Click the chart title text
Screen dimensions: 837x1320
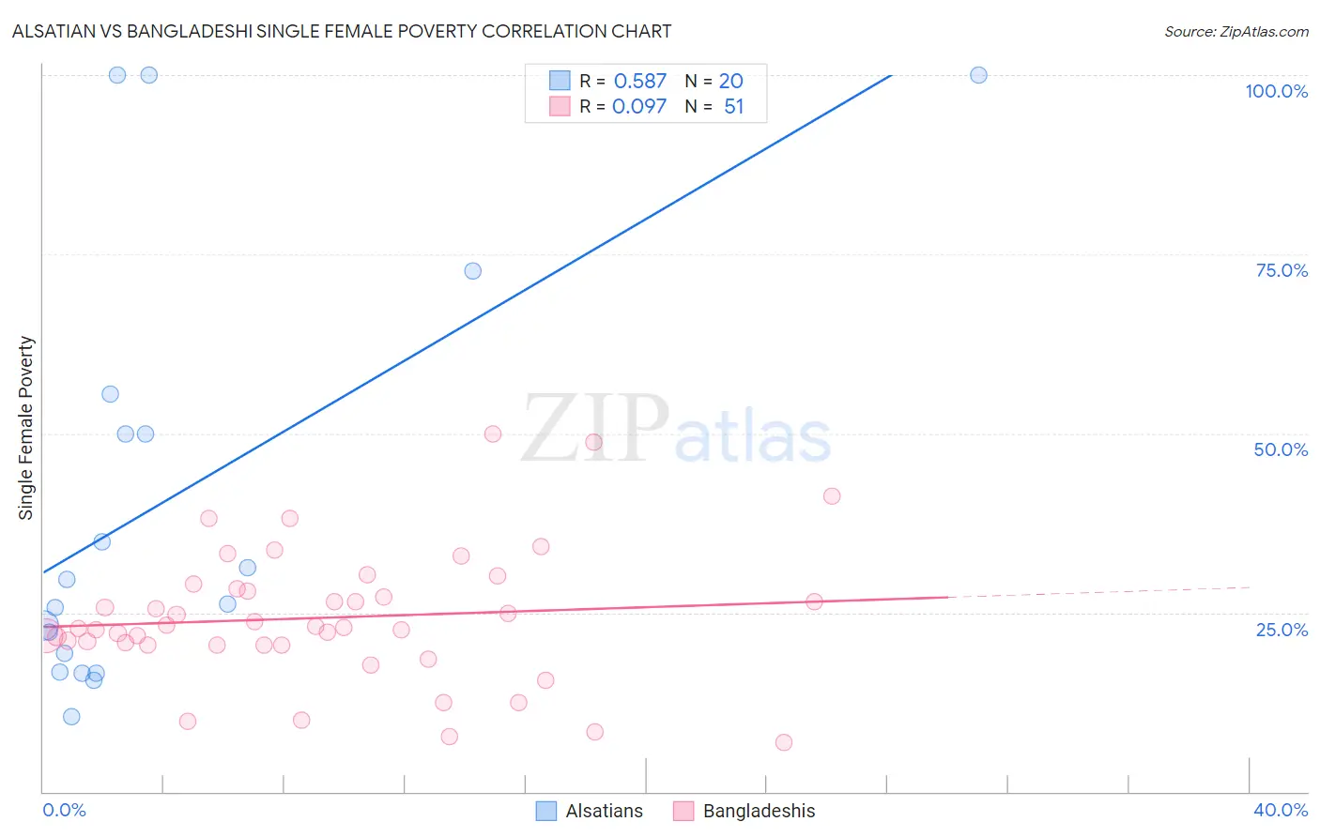[342, 31]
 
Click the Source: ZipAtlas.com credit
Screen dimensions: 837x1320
[1236, 32]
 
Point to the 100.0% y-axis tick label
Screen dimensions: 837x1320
[1276, 91]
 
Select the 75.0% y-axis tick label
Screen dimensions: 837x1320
[1282, 270]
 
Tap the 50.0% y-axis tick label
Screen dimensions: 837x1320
[1281, 449]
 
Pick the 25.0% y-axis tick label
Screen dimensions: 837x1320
[1282, 629]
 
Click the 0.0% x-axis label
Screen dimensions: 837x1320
[65, 810]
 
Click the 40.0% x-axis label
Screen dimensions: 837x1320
[1281, 810]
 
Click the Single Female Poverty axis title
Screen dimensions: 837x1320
[26, 428]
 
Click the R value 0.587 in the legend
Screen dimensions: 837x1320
[639, 82]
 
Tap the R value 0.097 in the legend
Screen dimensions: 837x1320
[639, 107]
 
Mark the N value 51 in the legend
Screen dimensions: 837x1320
[733, 107]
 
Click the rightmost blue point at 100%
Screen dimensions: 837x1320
[978, 75]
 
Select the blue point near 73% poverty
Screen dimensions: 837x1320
[473, 271]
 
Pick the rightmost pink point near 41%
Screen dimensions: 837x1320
[832, 496]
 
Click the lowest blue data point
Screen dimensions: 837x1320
[71, 717]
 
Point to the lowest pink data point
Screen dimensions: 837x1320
[784, 742]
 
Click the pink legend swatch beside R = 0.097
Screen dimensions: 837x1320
[560, 107]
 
